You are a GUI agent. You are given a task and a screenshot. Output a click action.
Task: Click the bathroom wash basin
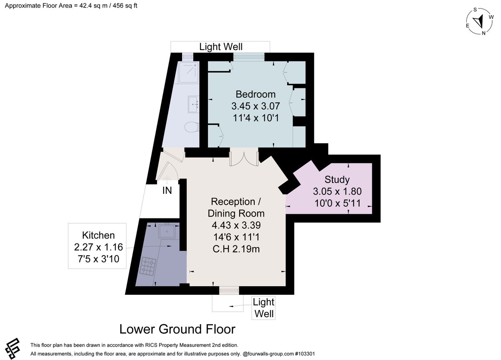[x=193, y=104]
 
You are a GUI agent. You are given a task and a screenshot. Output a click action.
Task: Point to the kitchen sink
[x=169, y=230]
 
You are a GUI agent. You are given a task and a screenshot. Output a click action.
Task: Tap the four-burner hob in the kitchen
[x=148, y=266]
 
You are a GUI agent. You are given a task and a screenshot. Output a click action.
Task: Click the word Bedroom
[x=256, y=94]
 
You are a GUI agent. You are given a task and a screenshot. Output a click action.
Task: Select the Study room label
[x=337, y=180]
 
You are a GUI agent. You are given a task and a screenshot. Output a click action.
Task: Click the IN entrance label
[x=167, y=191]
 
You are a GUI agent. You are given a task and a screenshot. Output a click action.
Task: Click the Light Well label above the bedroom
[x=220, y=47]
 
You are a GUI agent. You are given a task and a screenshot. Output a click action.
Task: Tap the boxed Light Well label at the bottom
[x=264, y=308]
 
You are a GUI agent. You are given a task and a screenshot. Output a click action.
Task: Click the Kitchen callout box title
[x=98, y=235]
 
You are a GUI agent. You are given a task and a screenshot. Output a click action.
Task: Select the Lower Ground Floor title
[x=177, y=329]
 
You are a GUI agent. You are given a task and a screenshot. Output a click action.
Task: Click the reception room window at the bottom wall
[x=229, y=290]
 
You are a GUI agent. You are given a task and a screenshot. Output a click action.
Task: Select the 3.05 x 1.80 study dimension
[x=337, y=192]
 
